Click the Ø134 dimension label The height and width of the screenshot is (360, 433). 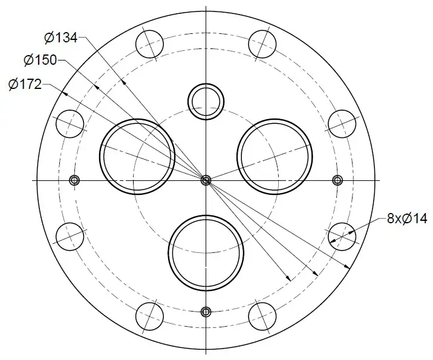60,38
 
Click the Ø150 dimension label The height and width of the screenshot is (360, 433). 40,60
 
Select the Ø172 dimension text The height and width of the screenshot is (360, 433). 25,84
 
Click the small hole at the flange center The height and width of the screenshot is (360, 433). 206,180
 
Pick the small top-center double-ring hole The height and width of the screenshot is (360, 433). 206,100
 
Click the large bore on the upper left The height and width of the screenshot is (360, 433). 137,157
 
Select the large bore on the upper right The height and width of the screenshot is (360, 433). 275,157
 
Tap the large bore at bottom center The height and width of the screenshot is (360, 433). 206,252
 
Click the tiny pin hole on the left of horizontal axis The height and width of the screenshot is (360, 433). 75,180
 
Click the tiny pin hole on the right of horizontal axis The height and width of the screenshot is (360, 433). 337,180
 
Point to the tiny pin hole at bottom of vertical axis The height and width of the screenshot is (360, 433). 206,312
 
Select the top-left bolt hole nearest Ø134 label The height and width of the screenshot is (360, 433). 150,44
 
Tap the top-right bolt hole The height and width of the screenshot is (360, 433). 262,44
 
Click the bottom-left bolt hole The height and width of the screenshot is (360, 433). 150,316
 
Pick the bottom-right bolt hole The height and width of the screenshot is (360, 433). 262,316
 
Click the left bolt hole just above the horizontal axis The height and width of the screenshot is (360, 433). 70,124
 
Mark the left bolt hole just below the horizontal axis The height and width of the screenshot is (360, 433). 70,235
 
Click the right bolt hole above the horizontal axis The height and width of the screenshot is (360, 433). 342,124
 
